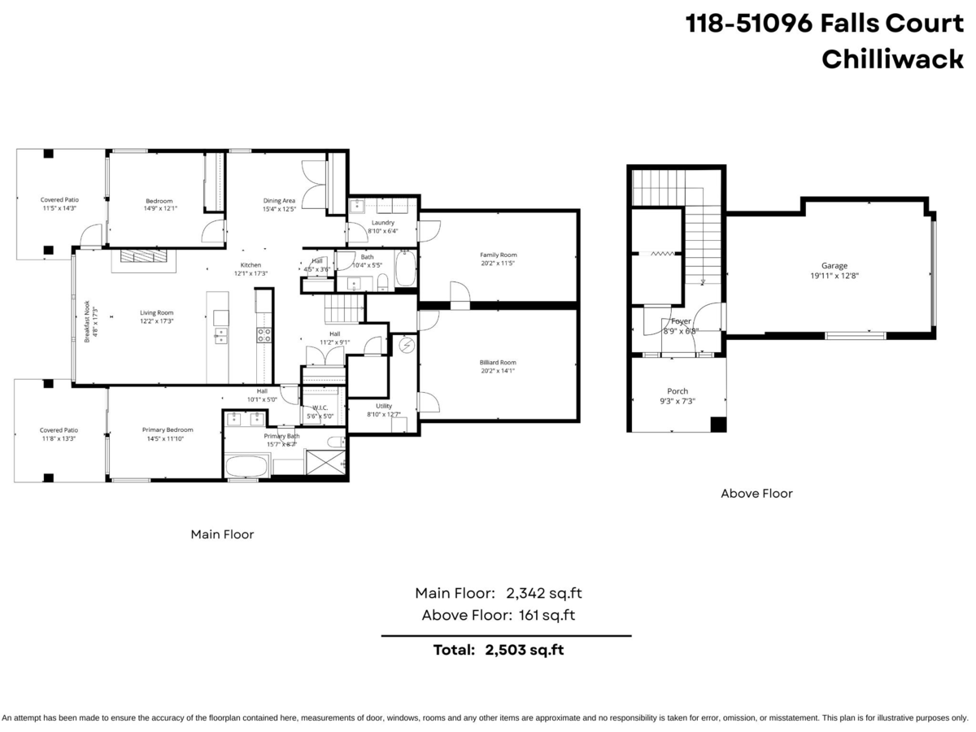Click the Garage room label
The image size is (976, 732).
tap(834, 265)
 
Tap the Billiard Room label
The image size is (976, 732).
tap(497, 363)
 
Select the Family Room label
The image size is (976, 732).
tap(498, 255)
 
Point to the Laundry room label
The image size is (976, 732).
tap(382, 222)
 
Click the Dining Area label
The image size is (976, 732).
tap(278, 200)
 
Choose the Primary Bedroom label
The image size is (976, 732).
tap(168, 429)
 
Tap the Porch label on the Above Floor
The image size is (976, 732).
tap(678, 391)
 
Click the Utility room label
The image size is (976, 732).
tap(384, 406)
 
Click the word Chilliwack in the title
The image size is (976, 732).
tap(892, 59)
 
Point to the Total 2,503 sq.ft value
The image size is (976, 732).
tap(524, 650)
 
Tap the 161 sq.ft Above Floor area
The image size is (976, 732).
tap(547, 615)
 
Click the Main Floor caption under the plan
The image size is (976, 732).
tap(222, 534)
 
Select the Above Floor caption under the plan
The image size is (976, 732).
tap(756, 493)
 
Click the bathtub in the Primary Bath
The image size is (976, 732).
tap(246, 467)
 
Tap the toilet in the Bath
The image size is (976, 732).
tap(382, 281)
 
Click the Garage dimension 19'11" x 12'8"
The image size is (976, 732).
tap(834, 276)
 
